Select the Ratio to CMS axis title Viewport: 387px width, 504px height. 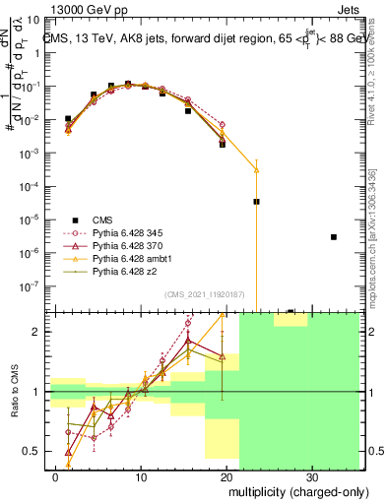tap(16, 391)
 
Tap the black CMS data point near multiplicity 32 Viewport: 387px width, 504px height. tap(334, 237)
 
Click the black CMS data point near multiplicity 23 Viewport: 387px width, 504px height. tap(256, 201)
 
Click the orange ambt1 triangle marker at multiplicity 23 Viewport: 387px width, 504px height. tap(256, 170)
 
